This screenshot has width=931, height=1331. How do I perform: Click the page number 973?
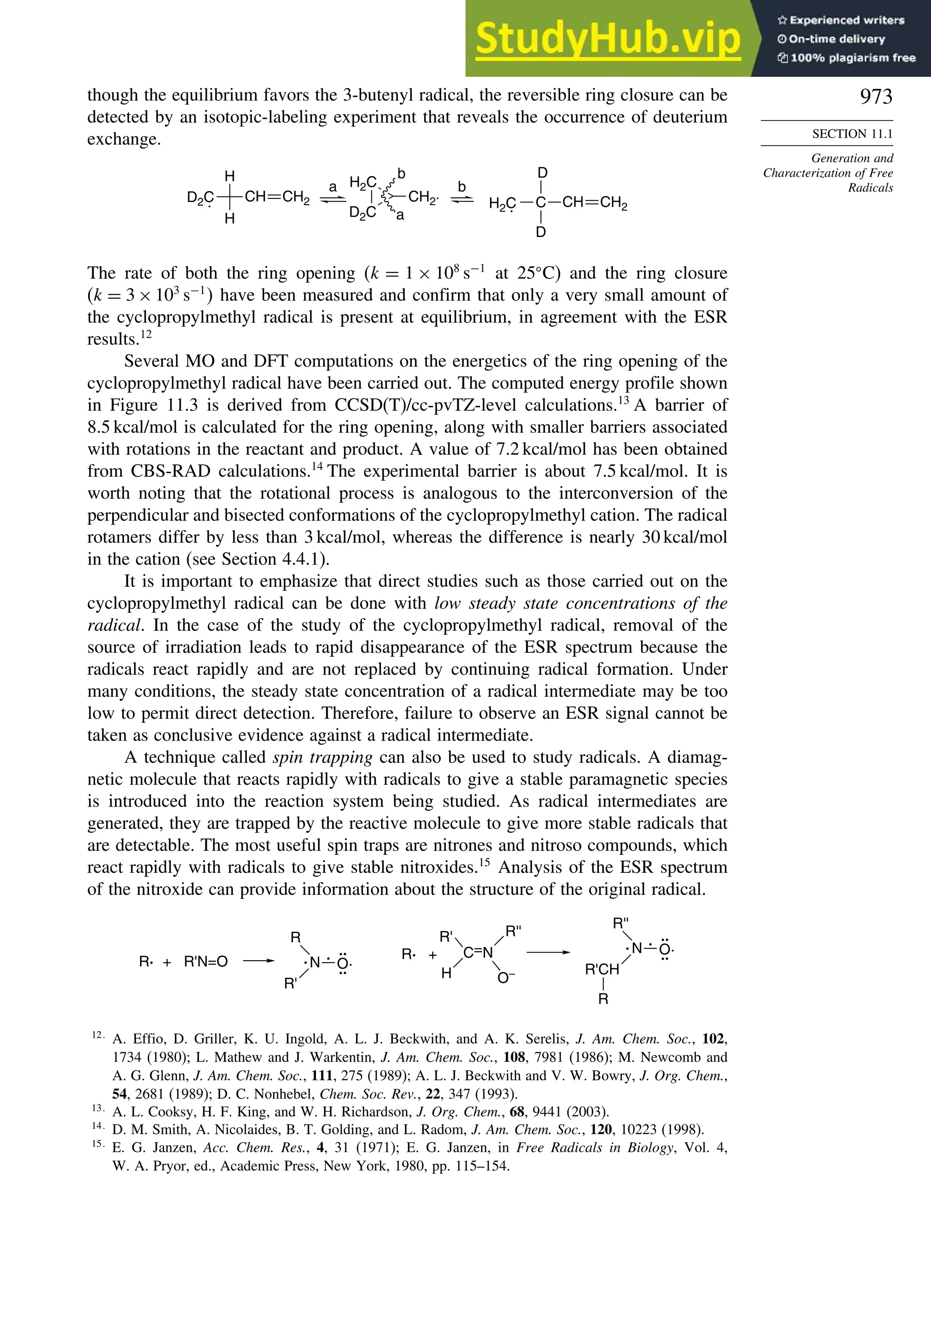[x=876, y=96]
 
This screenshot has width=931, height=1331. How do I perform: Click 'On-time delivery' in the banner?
[x=836, y=39]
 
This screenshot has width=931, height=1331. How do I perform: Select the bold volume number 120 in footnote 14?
[x=602, y=1129]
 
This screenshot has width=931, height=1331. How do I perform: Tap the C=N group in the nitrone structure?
[x=478, y=953]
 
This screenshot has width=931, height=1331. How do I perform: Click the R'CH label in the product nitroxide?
[x=601, y=969]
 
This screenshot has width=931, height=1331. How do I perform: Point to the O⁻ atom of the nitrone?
[x=506, y=978]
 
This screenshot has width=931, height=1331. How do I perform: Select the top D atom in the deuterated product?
[x=542, y=173]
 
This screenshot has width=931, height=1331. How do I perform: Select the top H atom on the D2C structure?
[x=230, y=176]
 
